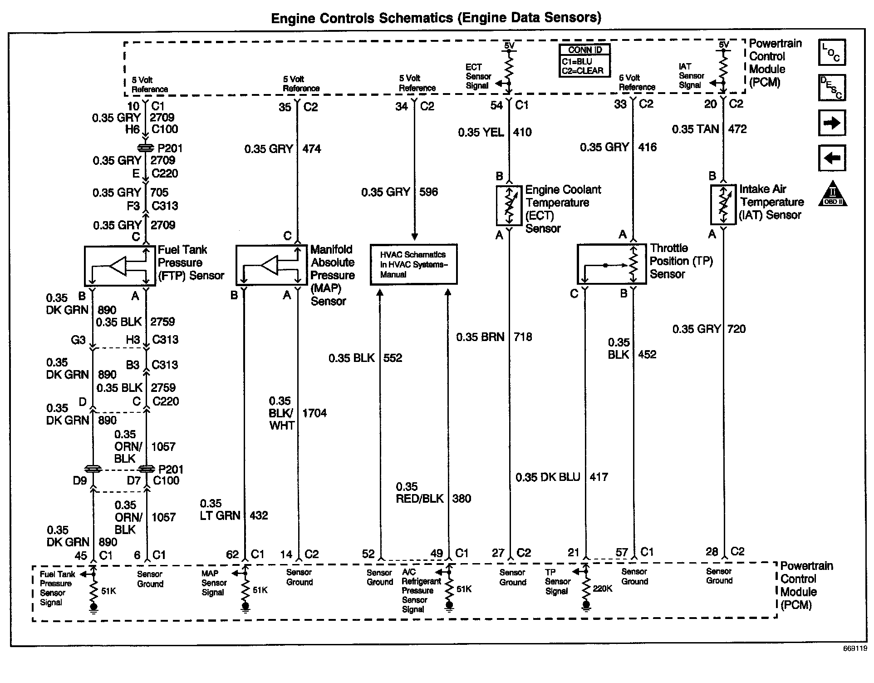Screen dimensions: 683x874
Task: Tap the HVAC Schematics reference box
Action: pyautogui.click(x=413, y=264)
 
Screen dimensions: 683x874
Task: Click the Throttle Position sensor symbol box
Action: pyautogui.click(x=611, y=264)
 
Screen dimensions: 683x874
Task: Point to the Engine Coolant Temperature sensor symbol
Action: pyautogui.click(x=509, y=205)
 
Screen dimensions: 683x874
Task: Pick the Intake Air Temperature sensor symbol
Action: pyautogui.click(x=723, y=204)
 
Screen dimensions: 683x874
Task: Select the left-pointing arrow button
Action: pyautogui.click(x=832, y=158)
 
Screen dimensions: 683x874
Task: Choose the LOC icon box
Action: pyautogui.click(x=832, y=52)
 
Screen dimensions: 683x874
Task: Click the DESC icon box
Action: pyautogui.click(x=832, y=88)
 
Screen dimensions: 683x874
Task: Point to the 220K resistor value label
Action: pyautogui.click(x=603, y=589)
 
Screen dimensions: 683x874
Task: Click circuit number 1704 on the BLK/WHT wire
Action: pyautogui.click(x=314, y=413)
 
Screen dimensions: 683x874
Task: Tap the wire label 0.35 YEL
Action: pyautogui.click(x=481, y=132)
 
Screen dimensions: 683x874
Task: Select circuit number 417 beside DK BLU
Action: pyautogui.click(x=599, y=477)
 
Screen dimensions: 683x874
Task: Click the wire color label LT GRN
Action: pyautogui.click(x=220, y=515)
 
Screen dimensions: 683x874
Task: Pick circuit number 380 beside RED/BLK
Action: pyautogui.click(x=462, y=498)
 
